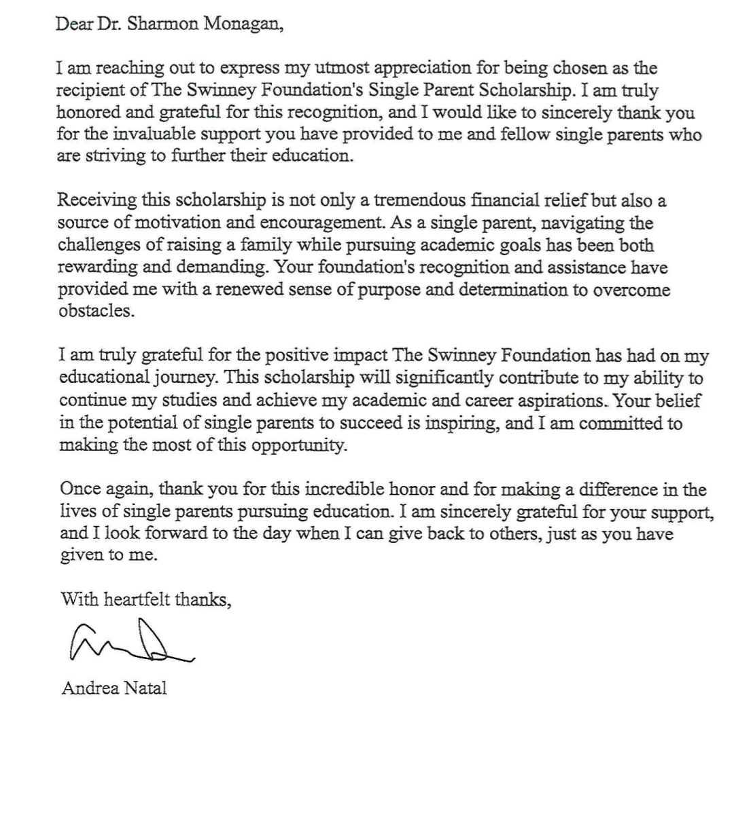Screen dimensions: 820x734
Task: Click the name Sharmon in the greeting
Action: click(158, 25)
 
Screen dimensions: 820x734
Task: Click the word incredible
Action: click(328, 490)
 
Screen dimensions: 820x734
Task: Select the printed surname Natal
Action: click(145, 688)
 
